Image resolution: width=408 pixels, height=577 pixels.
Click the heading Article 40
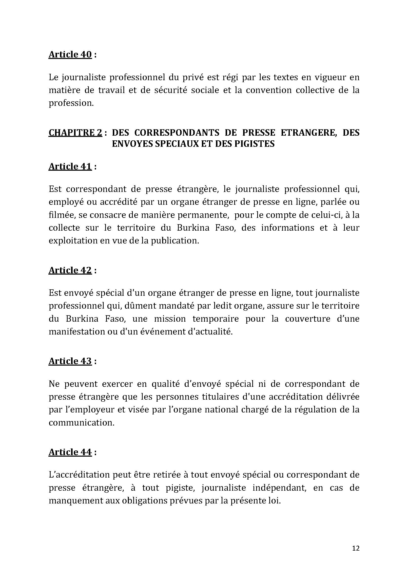click(70, 55)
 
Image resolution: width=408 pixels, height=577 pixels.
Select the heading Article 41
click(70, 166)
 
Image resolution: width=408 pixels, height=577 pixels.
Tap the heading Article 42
click(70, 270)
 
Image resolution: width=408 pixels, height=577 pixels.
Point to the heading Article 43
click(70, 361)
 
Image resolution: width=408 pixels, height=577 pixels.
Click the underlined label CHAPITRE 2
click(76, 132)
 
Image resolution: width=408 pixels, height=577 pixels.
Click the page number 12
click(356, 548)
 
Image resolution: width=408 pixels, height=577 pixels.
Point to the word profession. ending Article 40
click(71, 103)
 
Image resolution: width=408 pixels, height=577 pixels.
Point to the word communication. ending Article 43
click(81, 422)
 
